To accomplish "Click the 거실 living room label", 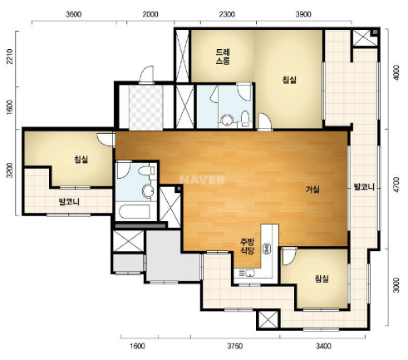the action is [x=312, y=190].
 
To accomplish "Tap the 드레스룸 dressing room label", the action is [x=223, y=57].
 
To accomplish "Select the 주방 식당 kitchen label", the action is [x=247, y=246].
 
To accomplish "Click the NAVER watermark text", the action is [x=202, y=180].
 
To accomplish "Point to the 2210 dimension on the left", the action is [x=10, y=57].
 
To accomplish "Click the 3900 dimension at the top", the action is [x=303, y=14].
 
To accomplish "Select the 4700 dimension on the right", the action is [x=396, y=185].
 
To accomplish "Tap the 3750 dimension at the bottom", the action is [x=235, y=346].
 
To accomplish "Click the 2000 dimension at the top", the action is [x=150, y=14].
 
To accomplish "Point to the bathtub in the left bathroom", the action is [x=134, y=211].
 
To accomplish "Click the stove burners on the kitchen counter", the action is [x=268, y=249].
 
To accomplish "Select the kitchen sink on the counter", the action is [x=249, y=273].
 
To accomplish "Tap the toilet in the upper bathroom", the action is [x=245, y=119].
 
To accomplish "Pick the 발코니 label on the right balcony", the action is [x=364, y=187].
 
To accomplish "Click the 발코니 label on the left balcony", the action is [x=69, y=201].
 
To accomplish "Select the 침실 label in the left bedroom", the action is [x=81, y=160].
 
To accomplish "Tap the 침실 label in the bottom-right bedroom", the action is [x=322, y=279].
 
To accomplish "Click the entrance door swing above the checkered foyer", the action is [x=146, y=74].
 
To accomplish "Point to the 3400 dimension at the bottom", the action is [x=323, y=346].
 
